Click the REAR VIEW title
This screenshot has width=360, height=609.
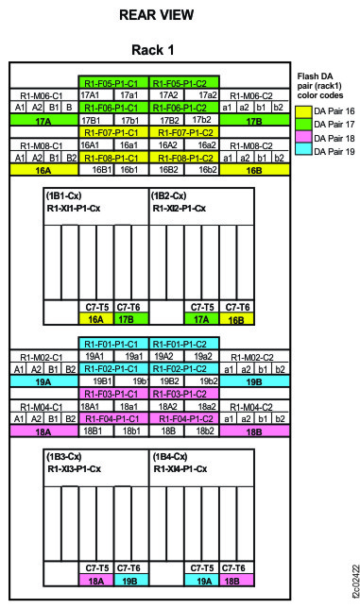coord(158,15)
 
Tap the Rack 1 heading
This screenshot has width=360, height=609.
coord(158,48)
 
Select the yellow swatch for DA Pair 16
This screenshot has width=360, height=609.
coord(303,110)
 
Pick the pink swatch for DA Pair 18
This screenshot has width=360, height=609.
coord(303,137)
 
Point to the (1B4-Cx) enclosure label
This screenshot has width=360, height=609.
coord(170,456)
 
